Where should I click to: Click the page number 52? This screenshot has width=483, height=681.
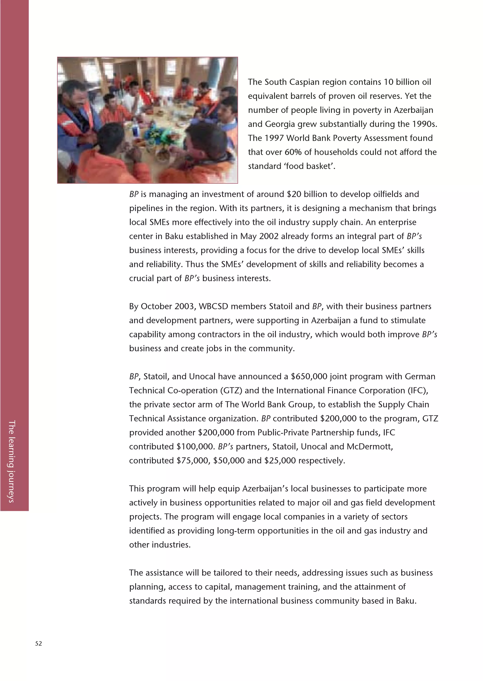(x=38, y=644)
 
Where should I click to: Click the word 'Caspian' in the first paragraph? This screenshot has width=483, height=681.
(x=304, y=82)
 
